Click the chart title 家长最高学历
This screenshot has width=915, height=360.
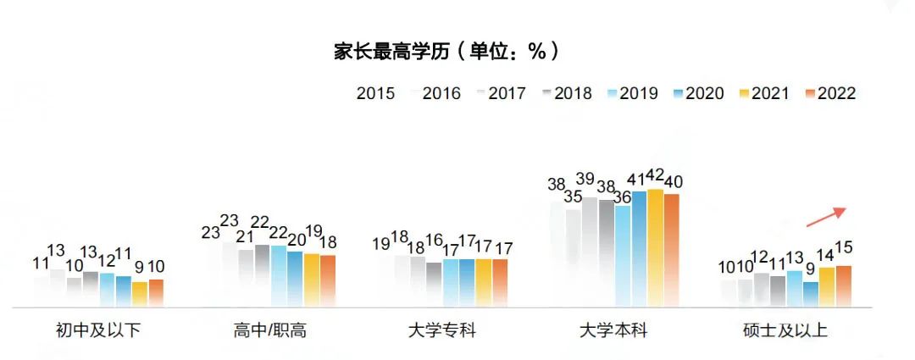pyautogui.click(x=446, y=51)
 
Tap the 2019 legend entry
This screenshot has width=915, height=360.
pyautogui.click(x=631, y=93)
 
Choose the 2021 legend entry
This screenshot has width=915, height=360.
pyautogui.click(x=762, y=93)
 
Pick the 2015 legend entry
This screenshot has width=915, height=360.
pyautogui.click(x=375, y=93)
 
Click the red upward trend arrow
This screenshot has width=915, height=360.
pyautogui.click(x=826, y=217)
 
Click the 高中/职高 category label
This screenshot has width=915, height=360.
pyautogui.click(x=270, y=330)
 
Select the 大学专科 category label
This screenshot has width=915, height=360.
pyautogui.click(x=442, y=330)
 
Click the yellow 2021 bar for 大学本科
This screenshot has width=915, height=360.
pyautogui.click(x=655, y=246)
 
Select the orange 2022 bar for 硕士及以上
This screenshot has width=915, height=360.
pyautogui.click(x=843, y=285)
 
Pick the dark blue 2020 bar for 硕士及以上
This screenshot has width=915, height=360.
pyautogui.click(x=811, y=293)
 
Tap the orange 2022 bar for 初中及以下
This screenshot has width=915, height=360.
pyautogui.click(x=156, y=292)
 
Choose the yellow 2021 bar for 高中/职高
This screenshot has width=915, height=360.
pyautogui.click(x=312, y=279)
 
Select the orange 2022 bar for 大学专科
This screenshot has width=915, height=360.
pyautogui.click(x=500, y=282)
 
